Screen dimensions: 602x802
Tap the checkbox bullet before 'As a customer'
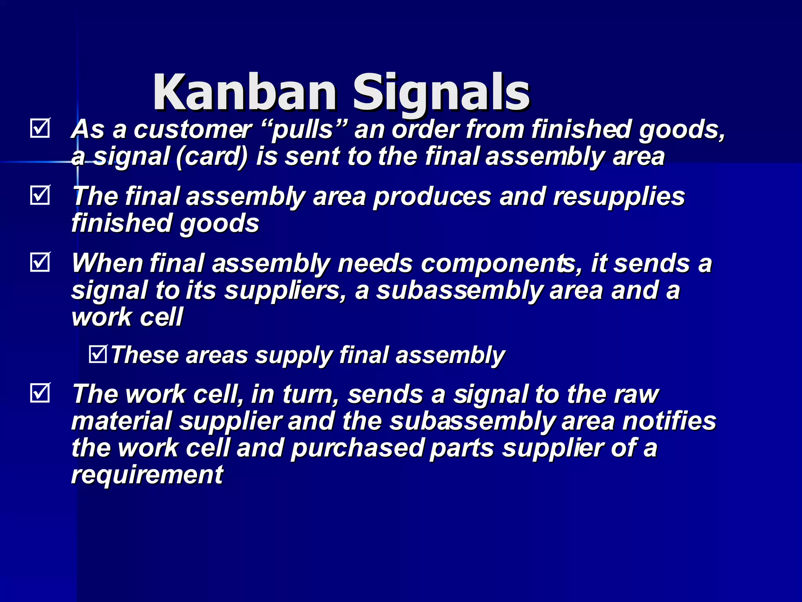tap(40, 128)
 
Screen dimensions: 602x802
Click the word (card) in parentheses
tap(212, 157)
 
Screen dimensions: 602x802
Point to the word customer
tap(193, 129)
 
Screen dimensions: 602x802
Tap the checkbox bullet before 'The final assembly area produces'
tap(40, 195)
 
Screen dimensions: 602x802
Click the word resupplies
tap(619, 197)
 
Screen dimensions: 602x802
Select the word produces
tap(432, 197)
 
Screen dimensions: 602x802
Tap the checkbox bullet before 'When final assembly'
tap(40, 262)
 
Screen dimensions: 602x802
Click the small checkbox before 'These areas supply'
tap(98, 354)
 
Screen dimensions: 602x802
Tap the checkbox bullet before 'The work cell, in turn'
tap(40, 393)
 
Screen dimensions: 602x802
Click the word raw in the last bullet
tap(636, 394)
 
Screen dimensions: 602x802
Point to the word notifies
tap(669, 421)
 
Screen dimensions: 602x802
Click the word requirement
tap(147, 475)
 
